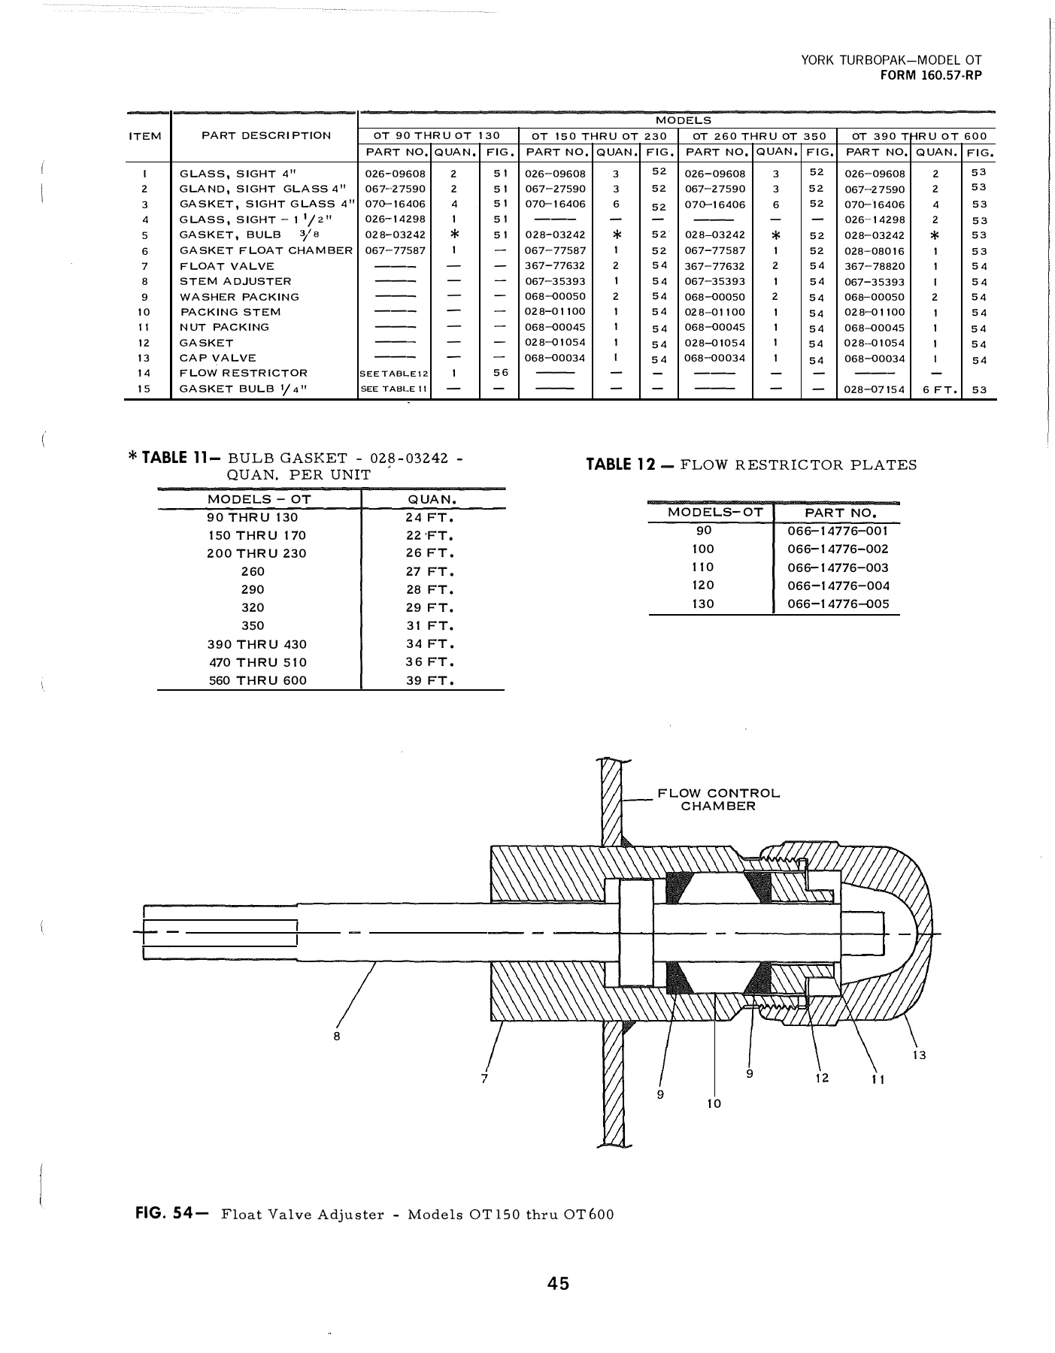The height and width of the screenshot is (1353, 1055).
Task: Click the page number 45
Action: (559, 1283)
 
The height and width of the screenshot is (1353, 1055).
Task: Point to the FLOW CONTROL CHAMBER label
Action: (718, 800)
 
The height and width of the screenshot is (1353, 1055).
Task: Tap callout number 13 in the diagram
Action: (919, 1055)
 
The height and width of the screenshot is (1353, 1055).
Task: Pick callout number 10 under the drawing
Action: (714, 1103)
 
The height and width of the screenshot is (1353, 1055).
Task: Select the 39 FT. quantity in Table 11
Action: (430, 681)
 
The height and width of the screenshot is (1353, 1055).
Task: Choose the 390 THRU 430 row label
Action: (256, 644)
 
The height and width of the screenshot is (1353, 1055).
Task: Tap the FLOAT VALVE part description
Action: (227, 266)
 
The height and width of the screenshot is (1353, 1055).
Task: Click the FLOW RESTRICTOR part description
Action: (244, 373)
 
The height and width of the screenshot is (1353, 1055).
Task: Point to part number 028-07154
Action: (875, 390)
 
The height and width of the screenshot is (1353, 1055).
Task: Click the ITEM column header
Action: (146, 136)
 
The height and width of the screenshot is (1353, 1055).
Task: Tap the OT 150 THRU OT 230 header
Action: (599, 136)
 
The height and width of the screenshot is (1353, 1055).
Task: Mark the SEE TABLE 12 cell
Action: (395, 374)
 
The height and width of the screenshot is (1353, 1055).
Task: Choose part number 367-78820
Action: (875, 266)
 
